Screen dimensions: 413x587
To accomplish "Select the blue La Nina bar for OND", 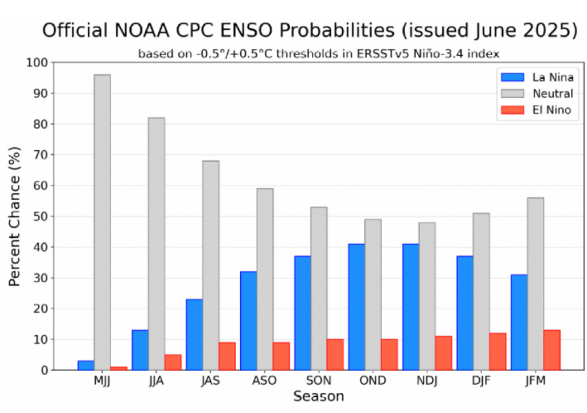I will coord(357,307).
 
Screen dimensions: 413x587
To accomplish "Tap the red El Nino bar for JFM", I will coord(551,350).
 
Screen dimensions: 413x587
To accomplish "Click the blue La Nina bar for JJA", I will coord(140,350).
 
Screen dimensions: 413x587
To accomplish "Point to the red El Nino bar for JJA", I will coord(173,362).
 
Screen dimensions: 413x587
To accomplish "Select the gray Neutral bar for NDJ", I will coord(426,296).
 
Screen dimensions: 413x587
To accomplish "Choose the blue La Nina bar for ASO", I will coord(249,321).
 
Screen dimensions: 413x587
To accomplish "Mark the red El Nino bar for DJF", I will coord(498,351).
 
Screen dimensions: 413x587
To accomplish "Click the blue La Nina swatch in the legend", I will coord(514,77).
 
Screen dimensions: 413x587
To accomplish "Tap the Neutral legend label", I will coord(553,93).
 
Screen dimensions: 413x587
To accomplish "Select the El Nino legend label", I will coord(551,110).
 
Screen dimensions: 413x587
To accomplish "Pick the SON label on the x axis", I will coord(319,381).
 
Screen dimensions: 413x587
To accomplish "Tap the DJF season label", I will coord(481,381).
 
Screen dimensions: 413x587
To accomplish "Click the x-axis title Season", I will coord(319,396).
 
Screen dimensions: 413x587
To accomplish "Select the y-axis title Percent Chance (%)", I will coord(15,216).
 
